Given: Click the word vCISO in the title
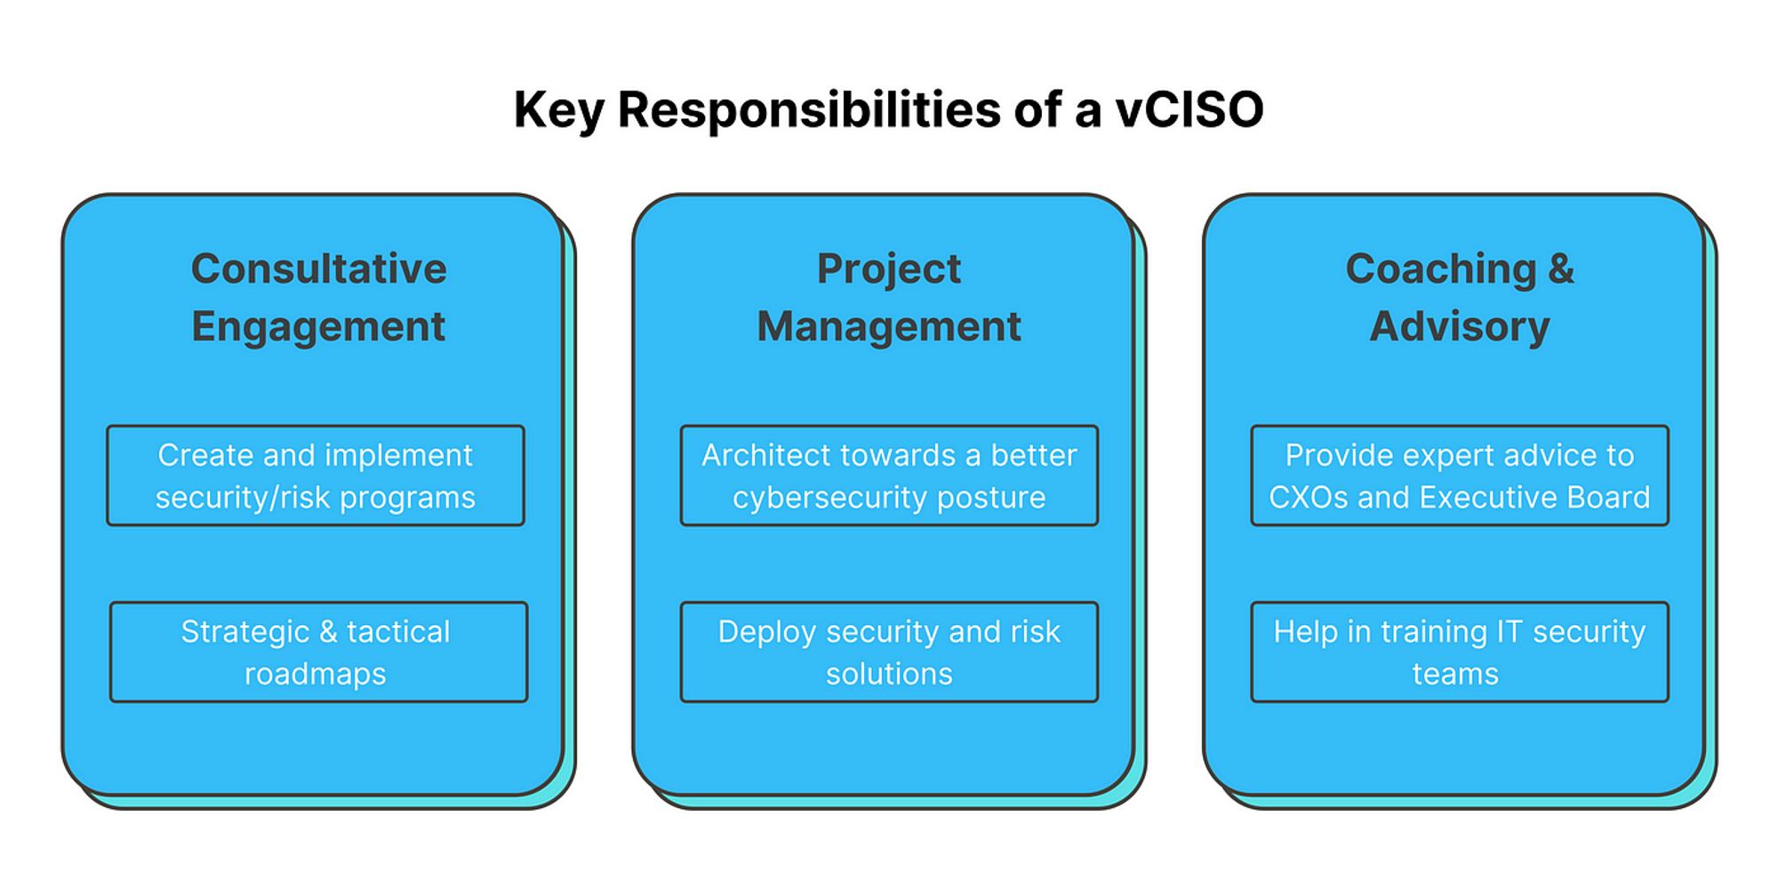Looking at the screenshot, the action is (x=1189, y=110).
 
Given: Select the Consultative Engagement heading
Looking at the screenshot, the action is (x=318, y=298).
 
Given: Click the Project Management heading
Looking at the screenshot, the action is (x=889, y=298).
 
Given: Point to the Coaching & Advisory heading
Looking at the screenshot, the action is (x=1460, y=298).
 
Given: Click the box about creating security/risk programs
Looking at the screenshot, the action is (x=316, y=476).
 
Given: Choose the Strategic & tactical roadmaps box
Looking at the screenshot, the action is (x=318, y=653).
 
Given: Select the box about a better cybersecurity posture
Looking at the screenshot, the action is (x=889, y=476).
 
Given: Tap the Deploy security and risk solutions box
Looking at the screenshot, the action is (x=889, y=653).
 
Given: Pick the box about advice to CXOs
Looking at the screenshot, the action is (x=1460, y=476).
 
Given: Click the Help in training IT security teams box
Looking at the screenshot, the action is (x=1460, y=653).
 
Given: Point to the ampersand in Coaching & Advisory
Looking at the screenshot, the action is (x=1561, y=268).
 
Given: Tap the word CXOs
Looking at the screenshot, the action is (x=1309, y=497).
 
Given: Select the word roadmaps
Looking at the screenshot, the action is (x=316, y=674).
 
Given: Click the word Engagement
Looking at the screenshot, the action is (x=318, y=327).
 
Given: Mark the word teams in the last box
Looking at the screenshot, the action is (x=1455, y=674).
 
